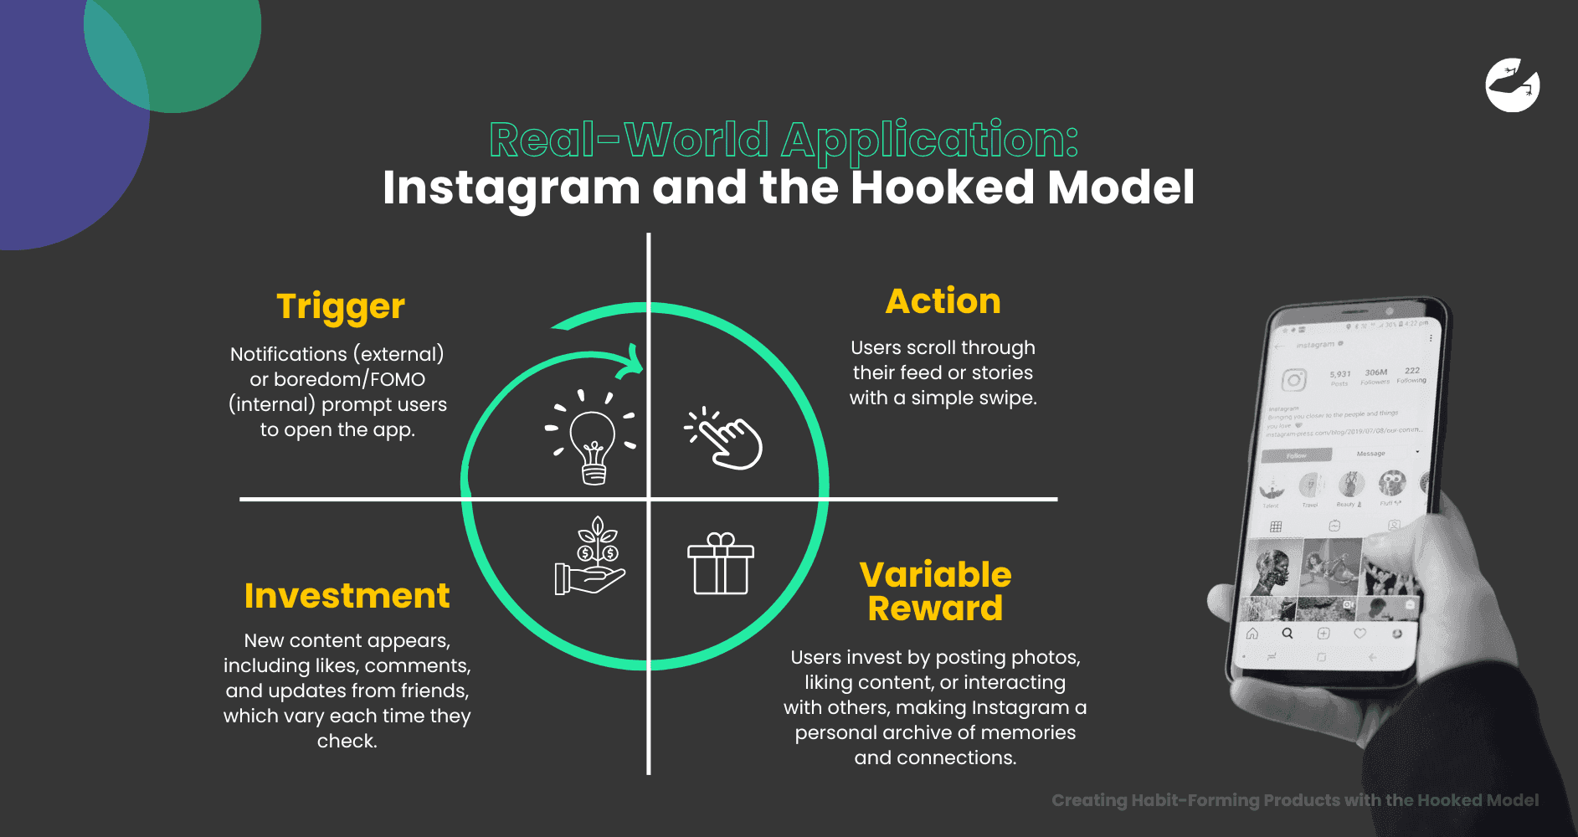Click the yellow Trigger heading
[x=341, y=307]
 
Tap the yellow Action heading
[x=943, y=301]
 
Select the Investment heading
[x=347, y=596]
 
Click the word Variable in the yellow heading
[x=935, y=575]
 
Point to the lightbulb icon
[x=592, y=439]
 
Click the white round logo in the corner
[x=1512, y=85]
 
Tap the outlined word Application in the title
[x=929, y=140]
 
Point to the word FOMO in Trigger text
[x=398, y=379]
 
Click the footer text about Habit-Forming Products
[x=1294, y=800]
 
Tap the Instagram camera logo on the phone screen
[x=1293, y=380]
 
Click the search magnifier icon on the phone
[x=1288, y=634]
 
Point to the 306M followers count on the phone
[x=1375, y=373]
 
